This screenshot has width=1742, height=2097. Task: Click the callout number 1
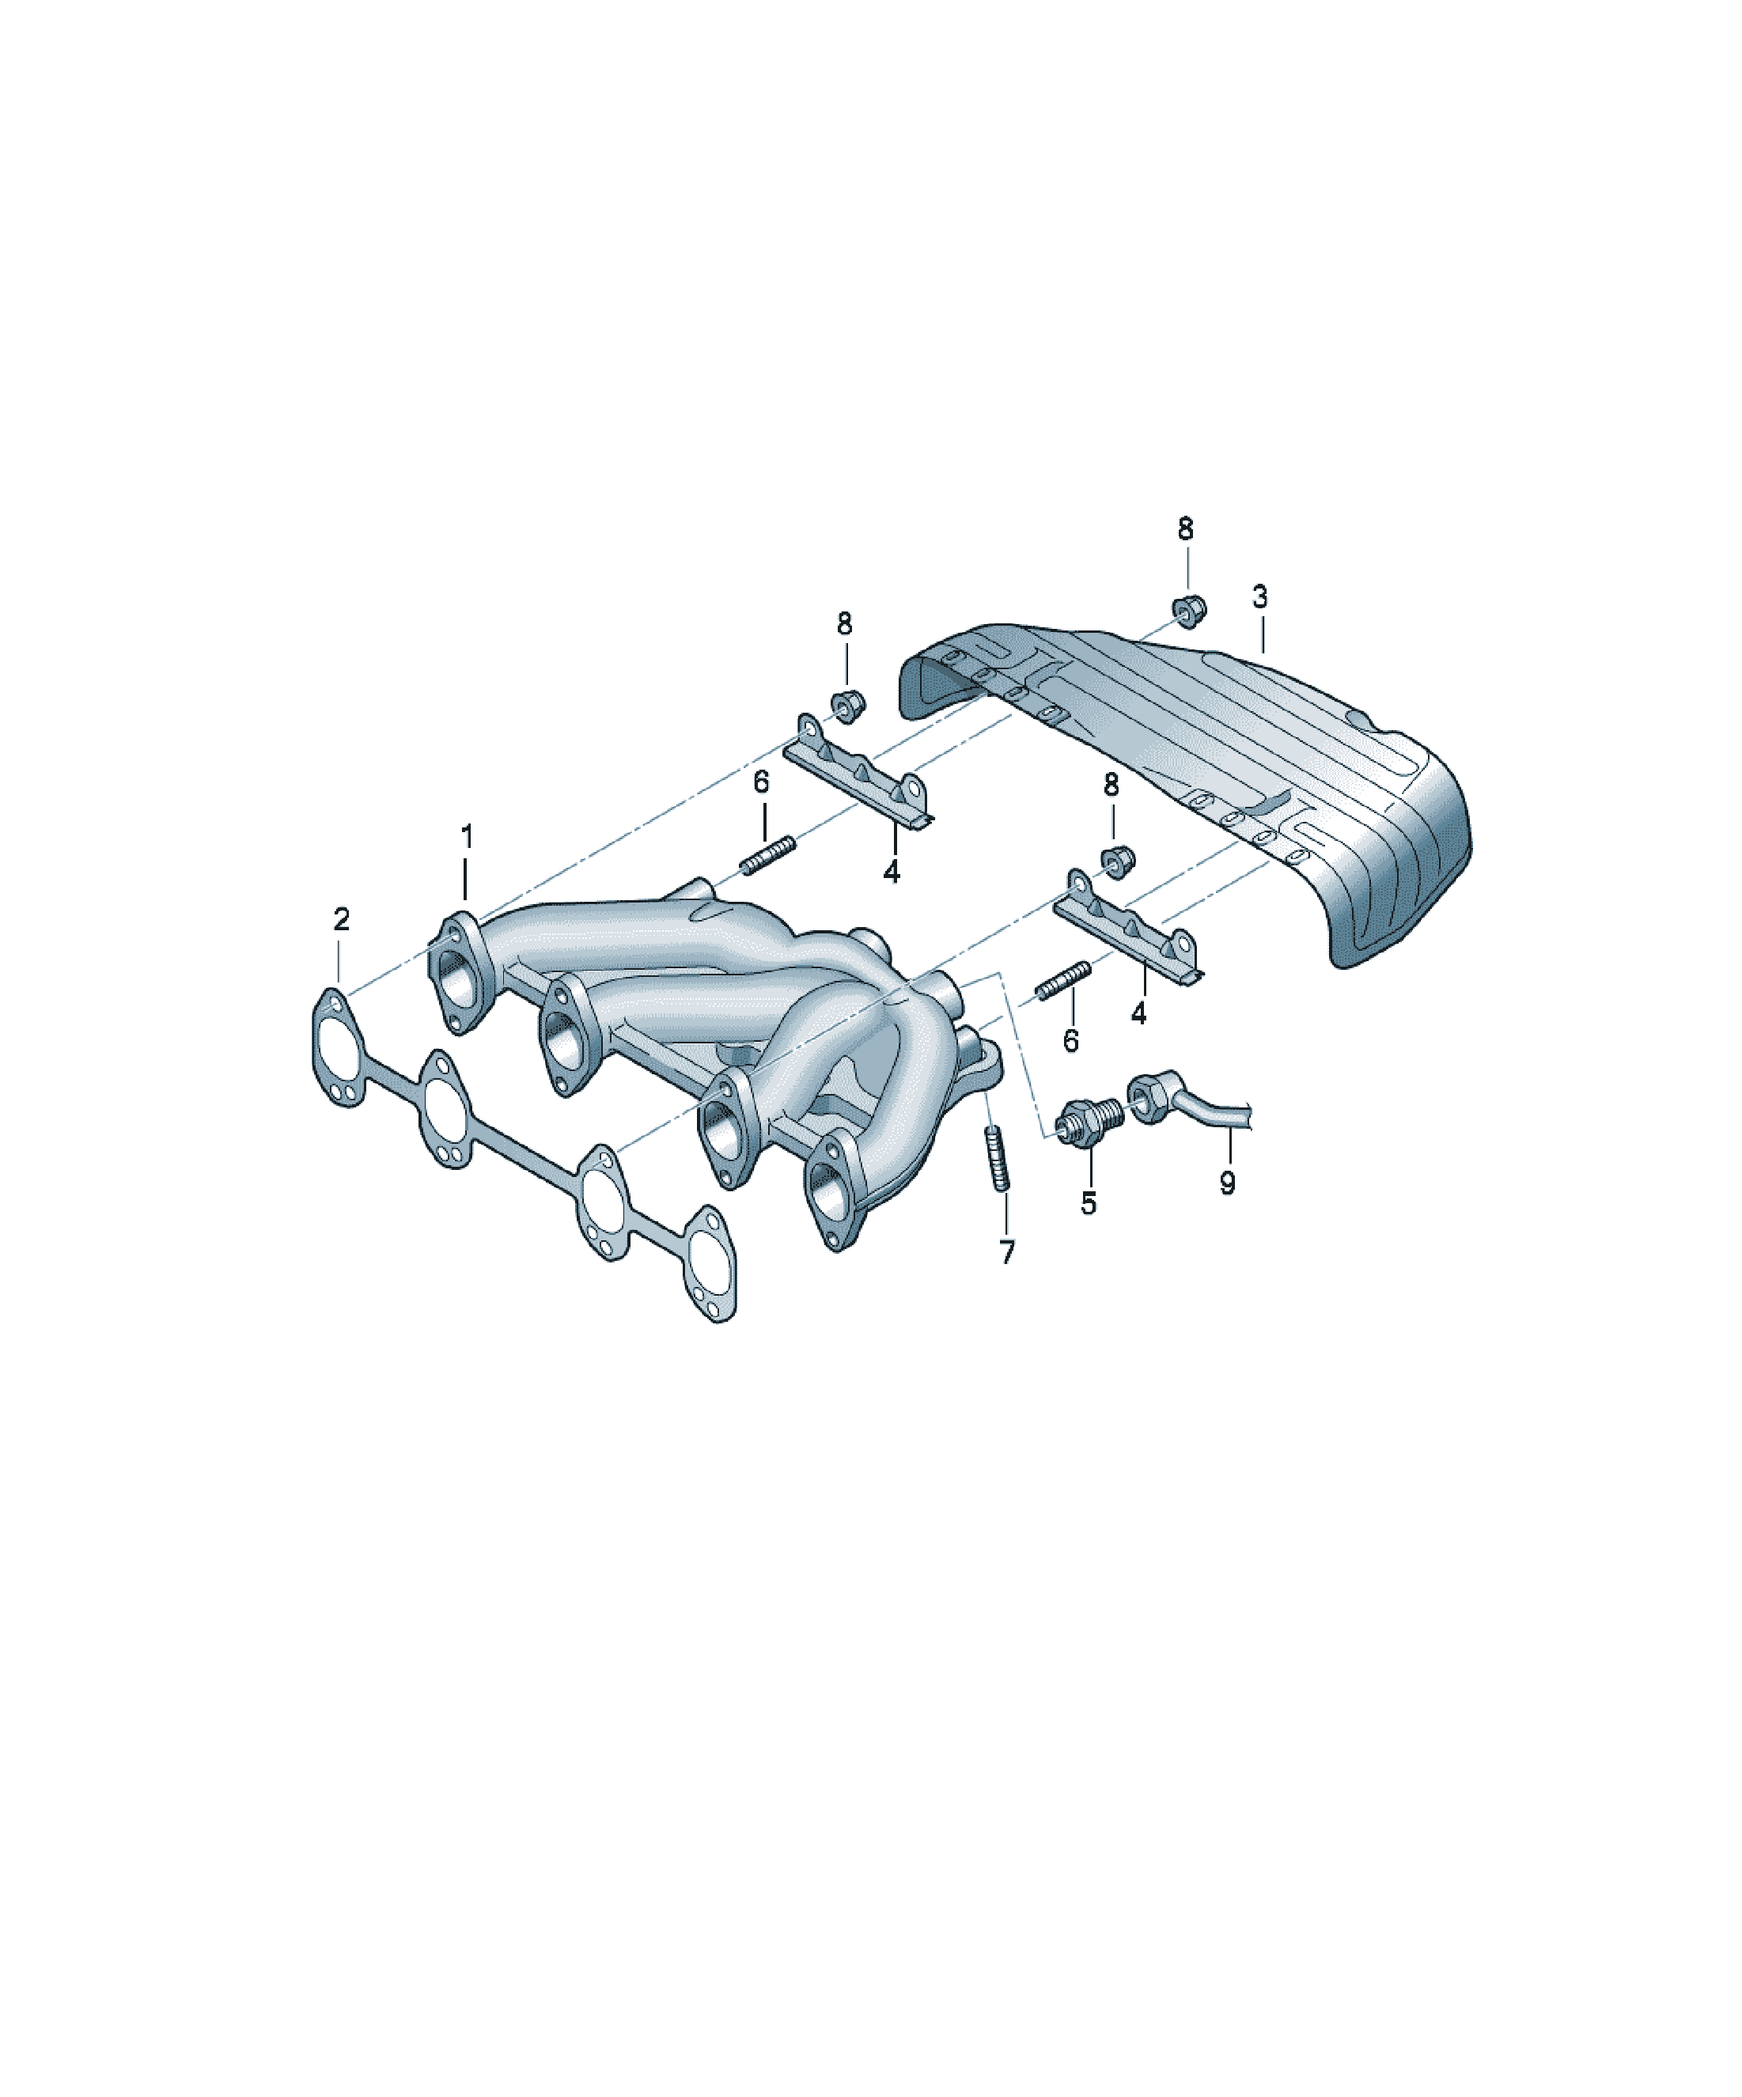(467, 837)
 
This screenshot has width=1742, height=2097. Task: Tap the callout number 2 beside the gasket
(342, 920)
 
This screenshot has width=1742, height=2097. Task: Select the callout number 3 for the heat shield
(1259, 597)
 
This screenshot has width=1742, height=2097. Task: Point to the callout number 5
(1088, 1203)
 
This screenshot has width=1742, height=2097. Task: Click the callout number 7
(1007, 1251)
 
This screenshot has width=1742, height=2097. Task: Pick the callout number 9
(1228, 1183)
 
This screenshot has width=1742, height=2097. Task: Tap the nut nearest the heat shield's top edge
(1187, 610)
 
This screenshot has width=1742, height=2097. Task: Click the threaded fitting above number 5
(1093, 1118)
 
